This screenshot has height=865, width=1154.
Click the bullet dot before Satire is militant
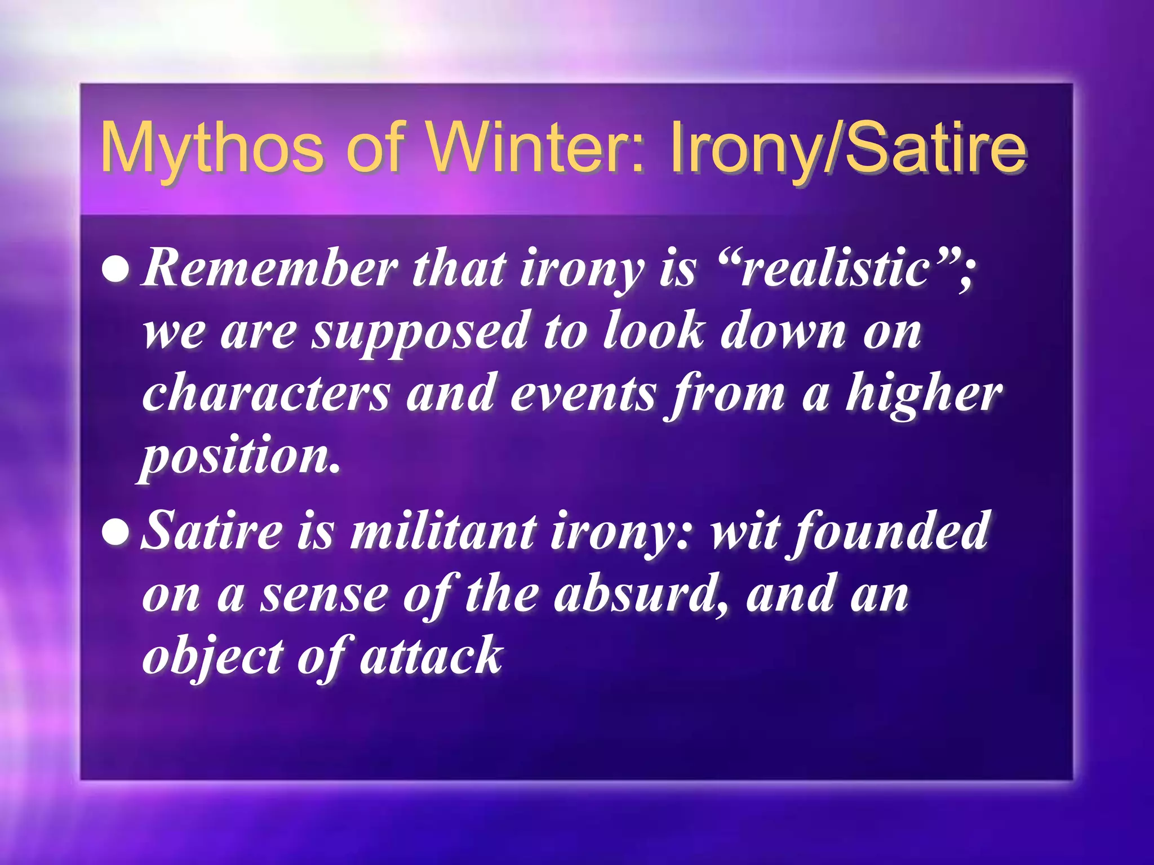[x=117, y=532]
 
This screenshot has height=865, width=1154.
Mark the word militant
[x=443, y=531]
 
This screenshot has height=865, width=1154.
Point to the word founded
[x=890, y=531]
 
